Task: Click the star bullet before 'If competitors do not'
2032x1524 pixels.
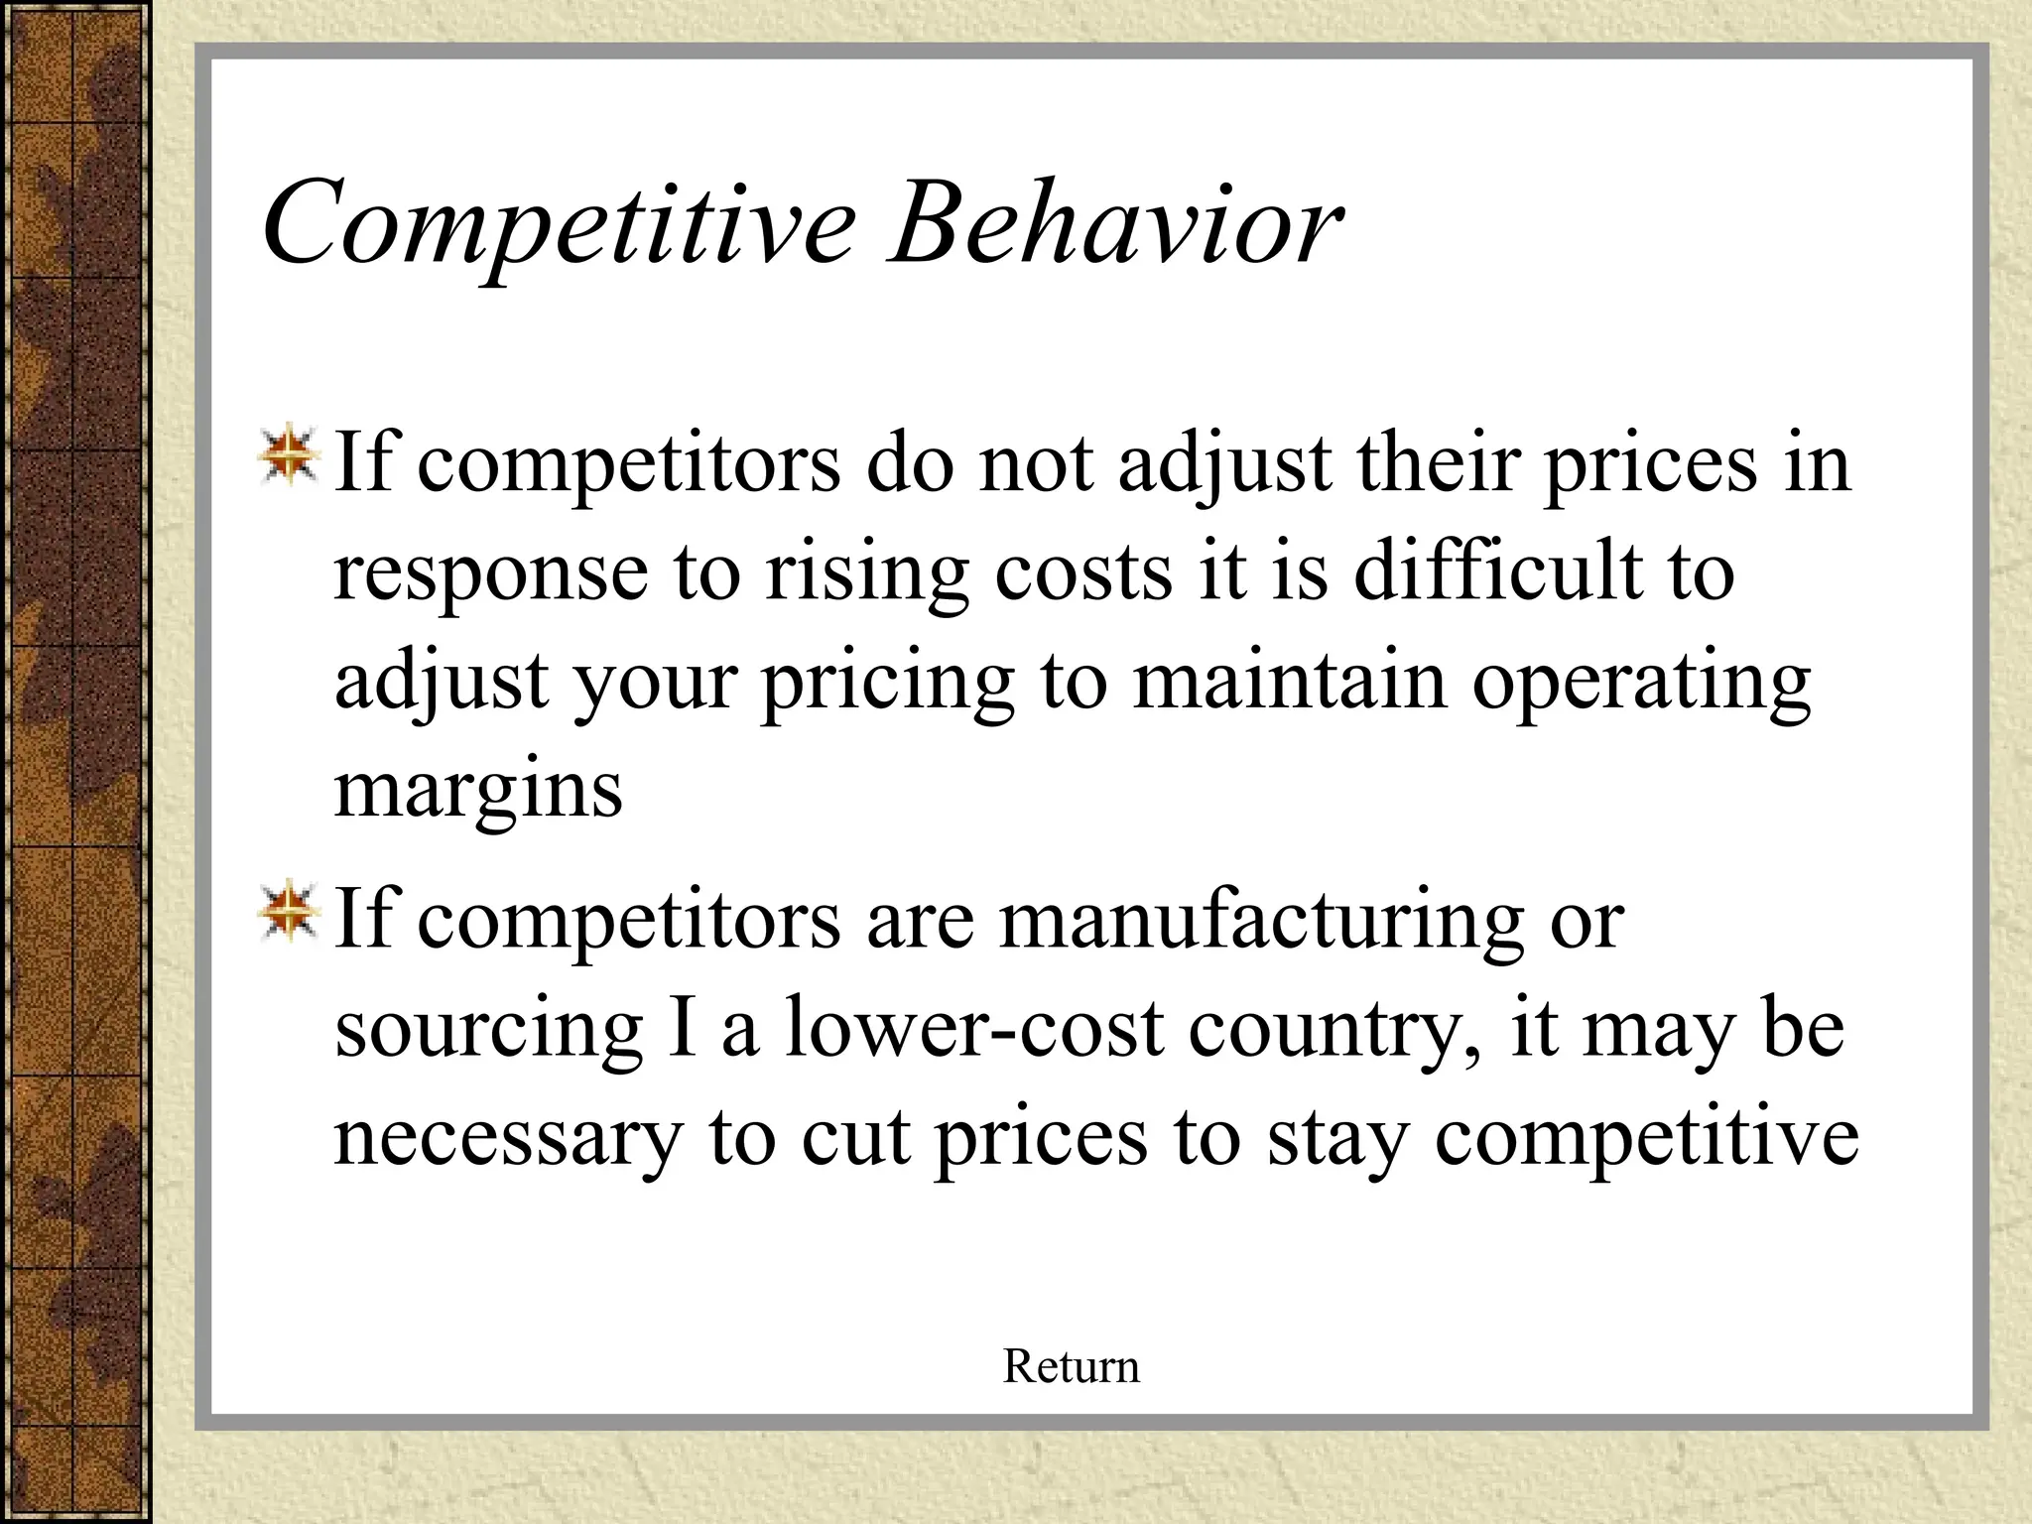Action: (x=289, y=457)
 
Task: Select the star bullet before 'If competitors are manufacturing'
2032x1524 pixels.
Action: (x=289, y=912)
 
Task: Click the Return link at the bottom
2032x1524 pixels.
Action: (x=1071, y=1366)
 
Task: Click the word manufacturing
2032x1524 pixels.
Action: (x=1261, y=921)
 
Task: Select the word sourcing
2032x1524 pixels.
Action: (x=489, y=1030)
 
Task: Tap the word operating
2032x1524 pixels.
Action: (x=1642, y=683)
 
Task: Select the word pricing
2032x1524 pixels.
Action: (x=889, y=683)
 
